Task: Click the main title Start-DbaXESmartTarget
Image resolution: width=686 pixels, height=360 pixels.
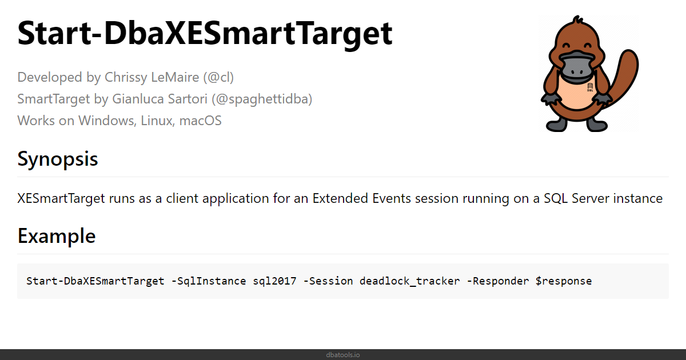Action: tap(205, 33)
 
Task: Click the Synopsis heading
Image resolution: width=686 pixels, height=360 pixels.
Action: tap(58, 159)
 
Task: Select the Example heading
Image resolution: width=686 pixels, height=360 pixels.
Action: tap(57, 236)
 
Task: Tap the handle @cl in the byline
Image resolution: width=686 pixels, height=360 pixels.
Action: tap(218, 77)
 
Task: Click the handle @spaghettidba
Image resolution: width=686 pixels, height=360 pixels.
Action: tap(262, 99)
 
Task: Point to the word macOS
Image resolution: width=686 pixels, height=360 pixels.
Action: tap(200, 121)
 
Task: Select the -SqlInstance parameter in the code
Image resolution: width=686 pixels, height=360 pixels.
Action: tap(209, 281)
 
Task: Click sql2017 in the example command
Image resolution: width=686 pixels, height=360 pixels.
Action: tap(274, 281)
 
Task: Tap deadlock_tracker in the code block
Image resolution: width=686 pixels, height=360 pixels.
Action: tap(409, 281)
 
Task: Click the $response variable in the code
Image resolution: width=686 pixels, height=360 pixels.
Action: tap(564, 281)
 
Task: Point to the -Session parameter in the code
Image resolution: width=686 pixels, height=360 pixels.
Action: tap(328, 281)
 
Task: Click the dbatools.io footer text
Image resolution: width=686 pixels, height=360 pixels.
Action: tap(343, 355)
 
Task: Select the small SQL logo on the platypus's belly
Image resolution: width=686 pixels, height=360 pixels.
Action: tap(590, 87)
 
